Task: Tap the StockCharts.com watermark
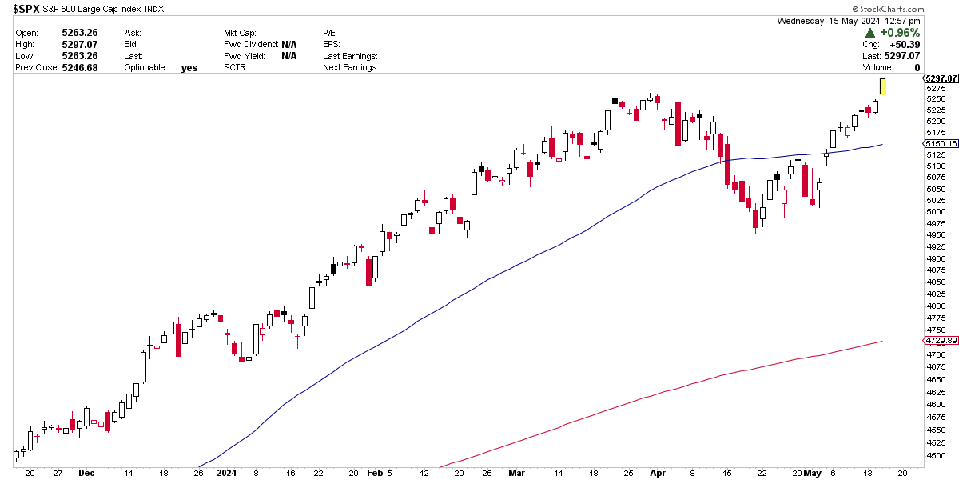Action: tap(921, 10)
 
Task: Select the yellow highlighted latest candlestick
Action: tap(883, 86)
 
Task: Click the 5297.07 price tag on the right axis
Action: tap(940, 78)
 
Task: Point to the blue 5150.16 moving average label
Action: tap(940, 144)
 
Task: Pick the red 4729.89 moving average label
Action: tap(940, 341)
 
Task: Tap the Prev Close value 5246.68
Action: tap(79, 68)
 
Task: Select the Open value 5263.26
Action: tap(79, 33)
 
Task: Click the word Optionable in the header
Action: tap(145, 68)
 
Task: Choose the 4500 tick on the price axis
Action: tap(935, 456)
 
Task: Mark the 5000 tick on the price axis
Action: tap(935, 211)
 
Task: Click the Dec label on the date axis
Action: tap(86, 473)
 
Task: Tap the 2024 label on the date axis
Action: tap(228, 473)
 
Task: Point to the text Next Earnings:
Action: tap(350, 68)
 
